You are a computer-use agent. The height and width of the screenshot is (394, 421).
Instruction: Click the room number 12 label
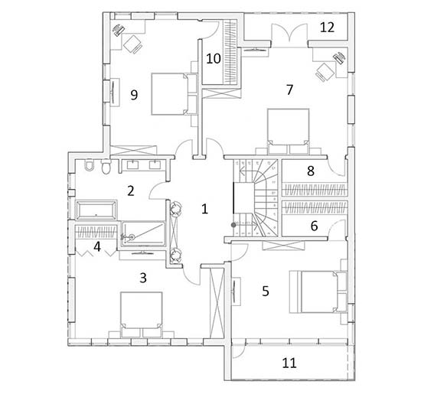pyautogui.click(x=327, y=28)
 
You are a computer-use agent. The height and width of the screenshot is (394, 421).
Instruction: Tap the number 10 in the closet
pyautogui.click(x=214, y=58)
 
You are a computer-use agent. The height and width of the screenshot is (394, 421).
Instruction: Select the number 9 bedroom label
pyautogui.click(x=134, y=95)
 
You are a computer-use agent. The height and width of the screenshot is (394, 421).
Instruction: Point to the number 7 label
pyautogui.click(x=289, y=90)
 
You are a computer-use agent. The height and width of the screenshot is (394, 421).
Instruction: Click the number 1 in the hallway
pyautogui.click(x=204, y=209)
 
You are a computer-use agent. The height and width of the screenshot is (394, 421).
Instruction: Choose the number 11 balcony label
pyautogui.click(x=289, y=363)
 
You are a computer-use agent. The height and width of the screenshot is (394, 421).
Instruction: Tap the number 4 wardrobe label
pyautogui.click(x=97, y=246)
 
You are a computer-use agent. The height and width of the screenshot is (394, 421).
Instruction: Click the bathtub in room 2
pyautogui.click(x=96, y=210)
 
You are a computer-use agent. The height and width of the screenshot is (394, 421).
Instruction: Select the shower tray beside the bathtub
pyautogui.click(x=144, y=234)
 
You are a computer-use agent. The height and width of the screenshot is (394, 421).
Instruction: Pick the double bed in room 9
pyautogui.click(x=174, y=94)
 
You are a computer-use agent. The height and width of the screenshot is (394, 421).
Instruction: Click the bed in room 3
pyautogui.click(x=142, y=314)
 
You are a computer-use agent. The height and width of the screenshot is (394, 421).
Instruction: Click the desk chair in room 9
pyautogui.click(x=133, y=44)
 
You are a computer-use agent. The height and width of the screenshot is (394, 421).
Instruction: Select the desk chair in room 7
pyautogui.click(x=325, y=71)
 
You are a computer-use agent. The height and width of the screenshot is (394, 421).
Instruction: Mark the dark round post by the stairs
pyautogui.click(x=234, y=224)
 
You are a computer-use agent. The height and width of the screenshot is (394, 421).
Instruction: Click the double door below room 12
pyautogui.click(x=289, y=33)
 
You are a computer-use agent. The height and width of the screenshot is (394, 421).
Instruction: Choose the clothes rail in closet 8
pyautogui.click(x=315, y=190)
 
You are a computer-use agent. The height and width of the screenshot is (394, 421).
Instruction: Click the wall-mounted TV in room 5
pyautogui.click(x=235, y=291)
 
